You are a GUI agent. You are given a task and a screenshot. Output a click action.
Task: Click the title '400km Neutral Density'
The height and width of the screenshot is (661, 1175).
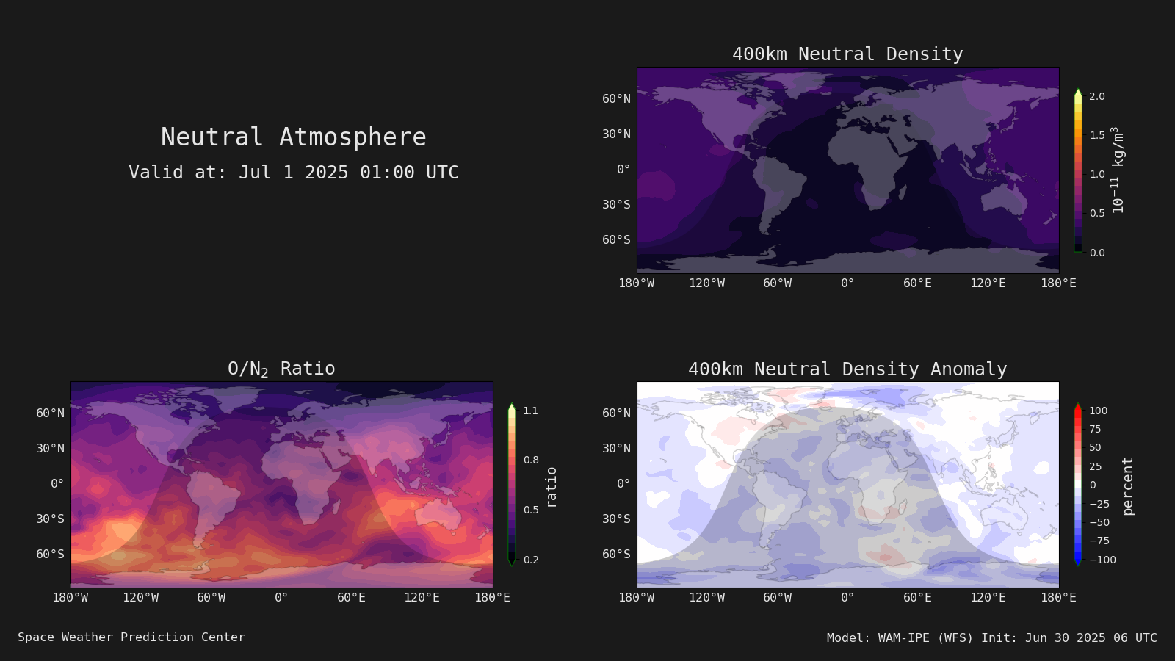click(847, 54)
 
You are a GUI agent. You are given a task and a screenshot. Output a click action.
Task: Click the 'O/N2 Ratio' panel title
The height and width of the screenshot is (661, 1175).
click(281, 369)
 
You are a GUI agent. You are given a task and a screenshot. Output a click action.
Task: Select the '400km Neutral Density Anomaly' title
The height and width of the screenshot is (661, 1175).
click(847, 369)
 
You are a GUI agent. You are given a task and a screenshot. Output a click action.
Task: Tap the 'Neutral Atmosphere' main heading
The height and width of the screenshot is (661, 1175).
click(293, 137)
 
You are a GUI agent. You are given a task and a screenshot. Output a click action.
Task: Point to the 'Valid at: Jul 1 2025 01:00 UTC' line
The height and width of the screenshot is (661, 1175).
click(293, 172)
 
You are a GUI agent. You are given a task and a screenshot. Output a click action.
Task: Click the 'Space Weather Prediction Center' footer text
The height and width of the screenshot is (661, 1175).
click(131, 637)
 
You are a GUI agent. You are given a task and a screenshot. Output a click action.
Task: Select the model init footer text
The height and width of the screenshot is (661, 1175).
click(991, 637)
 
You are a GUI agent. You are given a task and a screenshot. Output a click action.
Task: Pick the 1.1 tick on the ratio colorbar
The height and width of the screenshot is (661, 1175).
click(530, 411)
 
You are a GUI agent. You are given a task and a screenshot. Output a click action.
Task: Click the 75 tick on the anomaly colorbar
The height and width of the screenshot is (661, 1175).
click(1095, 429)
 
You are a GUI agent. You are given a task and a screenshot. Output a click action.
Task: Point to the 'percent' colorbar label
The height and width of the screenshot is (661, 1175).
click(1128, 486)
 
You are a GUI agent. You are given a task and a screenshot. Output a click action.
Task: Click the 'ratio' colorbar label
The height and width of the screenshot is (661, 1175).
click(551, 488)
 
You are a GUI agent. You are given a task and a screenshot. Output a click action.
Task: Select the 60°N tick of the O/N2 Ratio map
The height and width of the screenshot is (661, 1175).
click(50, 413)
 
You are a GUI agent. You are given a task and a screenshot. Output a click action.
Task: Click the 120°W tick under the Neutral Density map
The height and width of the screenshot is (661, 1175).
click(706, 283)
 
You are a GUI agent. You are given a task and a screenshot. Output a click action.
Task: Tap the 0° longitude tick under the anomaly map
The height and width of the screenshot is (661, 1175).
click(847, 598)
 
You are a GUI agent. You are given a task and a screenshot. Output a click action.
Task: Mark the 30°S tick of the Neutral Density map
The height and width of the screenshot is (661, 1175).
click(616, 204)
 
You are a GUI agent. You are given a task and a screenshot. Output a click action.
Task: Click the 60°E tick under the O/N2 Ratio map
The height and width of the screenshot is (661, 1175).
click(351, 598)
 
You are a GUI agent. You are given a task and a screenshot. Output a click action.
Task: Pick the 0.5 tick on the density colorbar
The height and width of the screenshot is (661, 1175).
click(1097, 213)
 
